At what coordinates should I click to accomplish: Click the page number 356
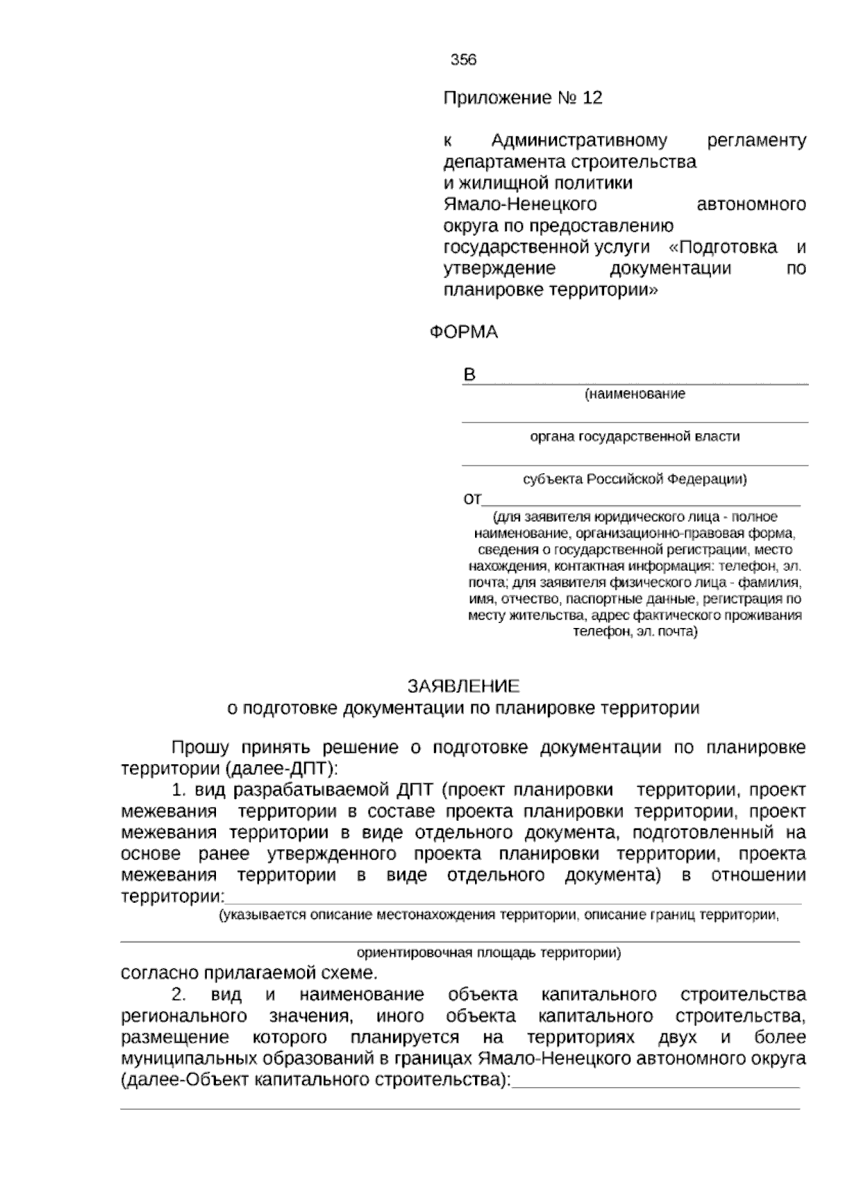[464, 60]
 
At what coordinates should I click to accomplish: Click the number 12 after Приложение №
[593, 97]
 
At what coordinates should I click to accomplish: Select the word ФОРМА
[464, 332]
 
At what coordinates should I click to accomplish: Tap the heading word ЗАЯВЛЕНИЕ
[464, 686]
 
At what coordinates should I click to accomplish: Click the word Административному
[579, 141]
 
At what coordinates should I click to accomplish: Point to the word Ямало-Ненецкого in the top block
[520, 205]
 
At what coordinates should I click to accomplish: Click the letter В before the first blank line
[469, 374]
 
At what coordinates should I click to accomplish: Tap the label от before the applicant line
[471, 499]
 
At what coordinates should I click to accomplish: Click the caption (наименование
[635, 394]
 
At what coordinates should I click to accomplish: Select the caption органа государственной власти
[635, 437]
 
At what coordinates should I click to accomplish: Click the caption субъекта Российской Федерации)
[635, 480]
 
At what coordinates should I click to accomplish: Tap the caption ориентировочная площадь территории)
[488, 952]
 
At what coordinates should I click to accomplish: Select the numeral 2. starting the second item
[179, 995]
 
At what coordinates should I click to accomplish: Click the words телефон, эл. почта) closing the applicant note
[635, 631]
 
